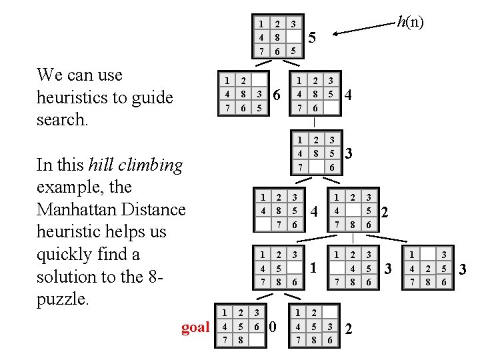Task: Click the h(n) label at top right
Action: [410, 22]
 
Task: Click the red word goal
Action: [195, 327]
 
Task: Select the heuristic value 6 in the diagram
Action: [277, 96]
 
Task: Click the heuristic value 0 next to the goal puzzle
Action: [271, 327]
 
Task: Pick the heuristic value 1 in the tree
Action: [312, 268]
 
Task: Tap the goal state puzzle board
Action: [241, 327]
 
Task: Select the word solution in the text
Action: [67, 277]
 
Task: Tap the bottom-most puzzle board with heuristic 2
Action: [314, 327]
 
